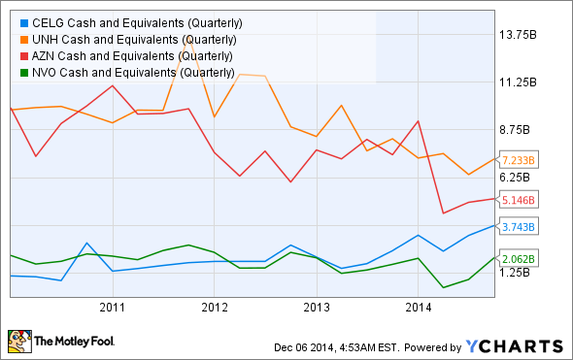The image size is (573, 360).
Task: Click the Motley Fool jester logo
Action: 18,341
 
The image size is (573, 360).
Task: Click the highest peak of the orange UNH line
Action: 188,42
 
